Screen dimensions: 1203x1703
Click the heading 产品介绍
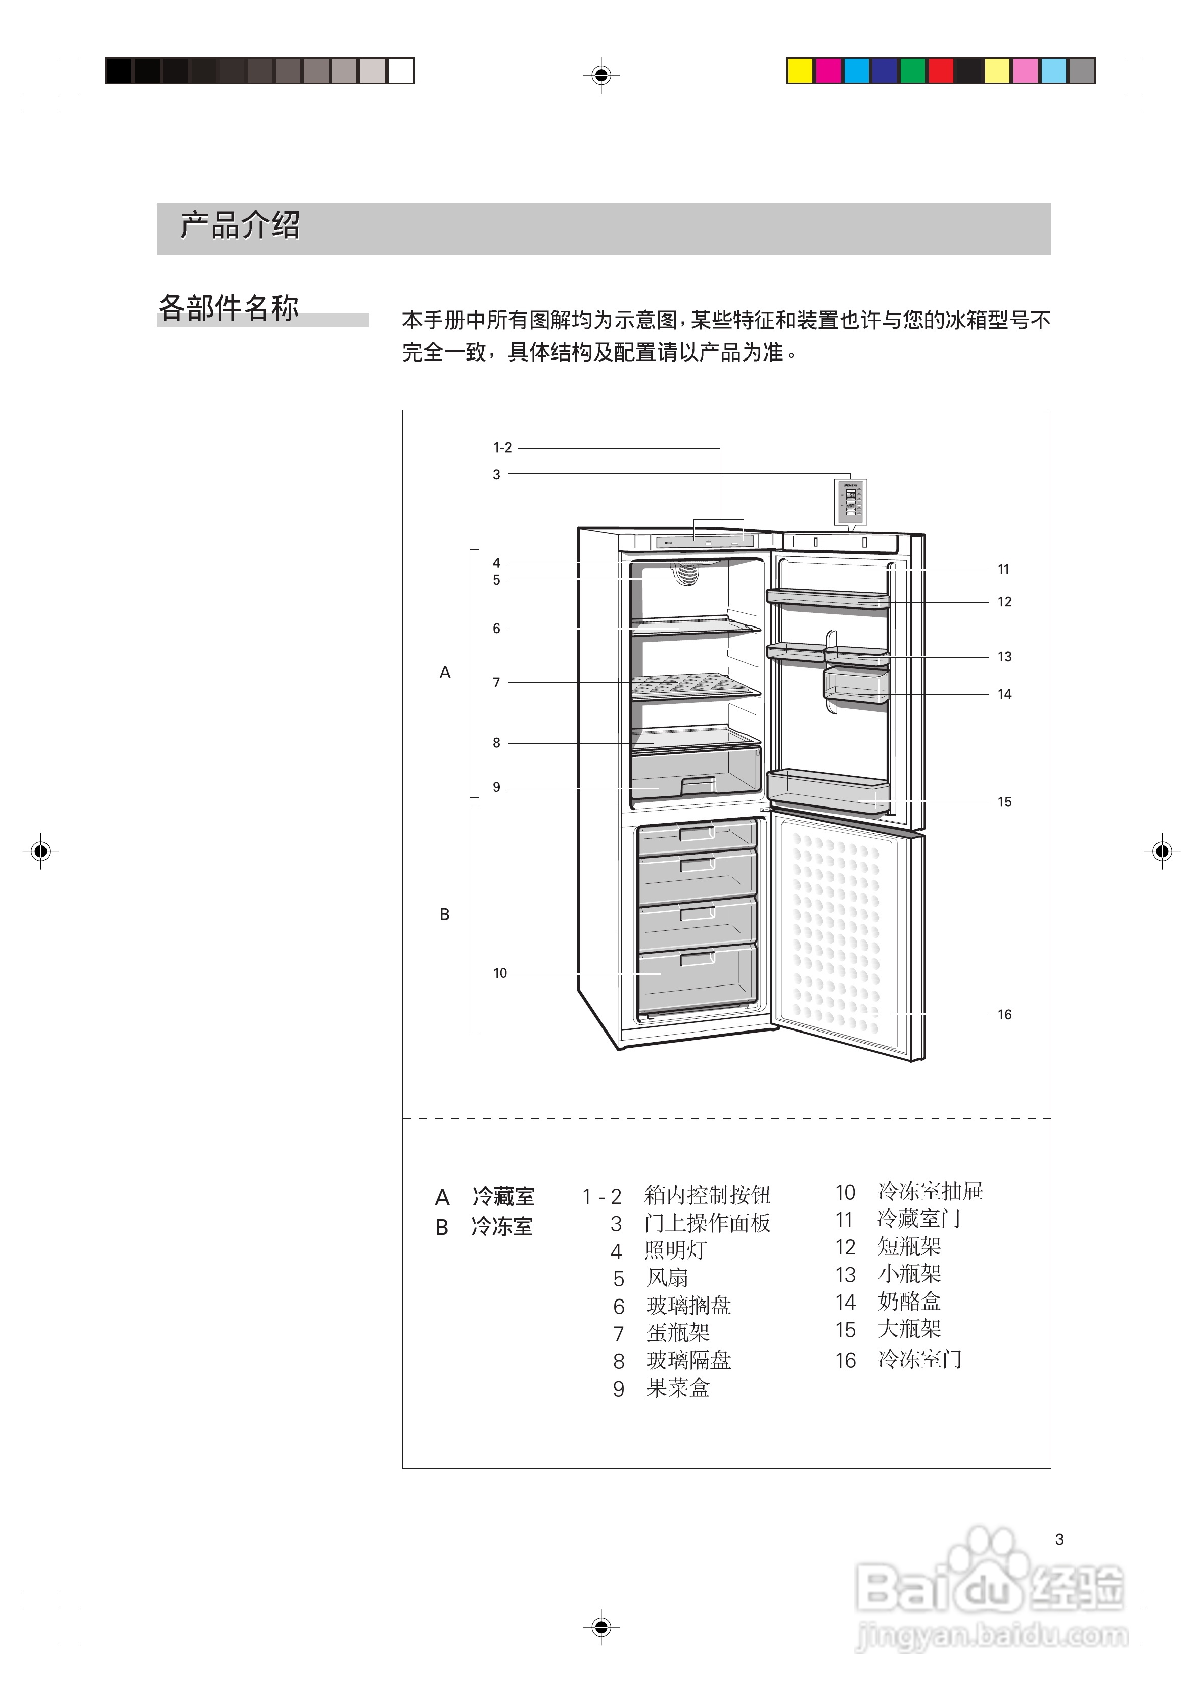pos(240,226)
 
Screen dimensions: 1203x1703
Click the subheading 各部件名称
pos(228,307)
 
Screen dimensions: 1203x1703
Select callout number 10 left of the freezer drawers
pos(500,973)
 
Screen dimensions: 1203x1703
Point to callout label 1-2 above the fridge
pos(502,448)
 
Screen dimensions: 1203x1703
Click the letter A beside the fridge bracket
pos(445,673)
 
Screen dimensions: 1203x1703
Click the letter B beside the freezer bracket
pos(445,915)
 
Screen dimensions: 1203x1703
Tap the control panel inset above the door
pos(850,502)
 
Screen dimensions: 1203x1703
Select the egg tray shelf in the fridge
pos(696,686)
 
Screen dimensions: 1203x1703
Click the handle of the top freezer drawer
pos(697,834)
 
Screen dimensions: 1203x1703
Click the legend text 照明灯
pos(676,1250)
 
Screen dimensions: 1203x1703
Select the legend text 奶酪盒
pos(909,1302)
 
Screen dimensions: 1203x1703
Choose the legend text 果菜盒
pos(678,1388)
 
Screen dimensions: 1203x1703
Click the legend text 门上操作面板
pos(708,1223)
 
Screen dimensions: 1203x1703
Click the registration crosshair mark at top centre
pos(601,75)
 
